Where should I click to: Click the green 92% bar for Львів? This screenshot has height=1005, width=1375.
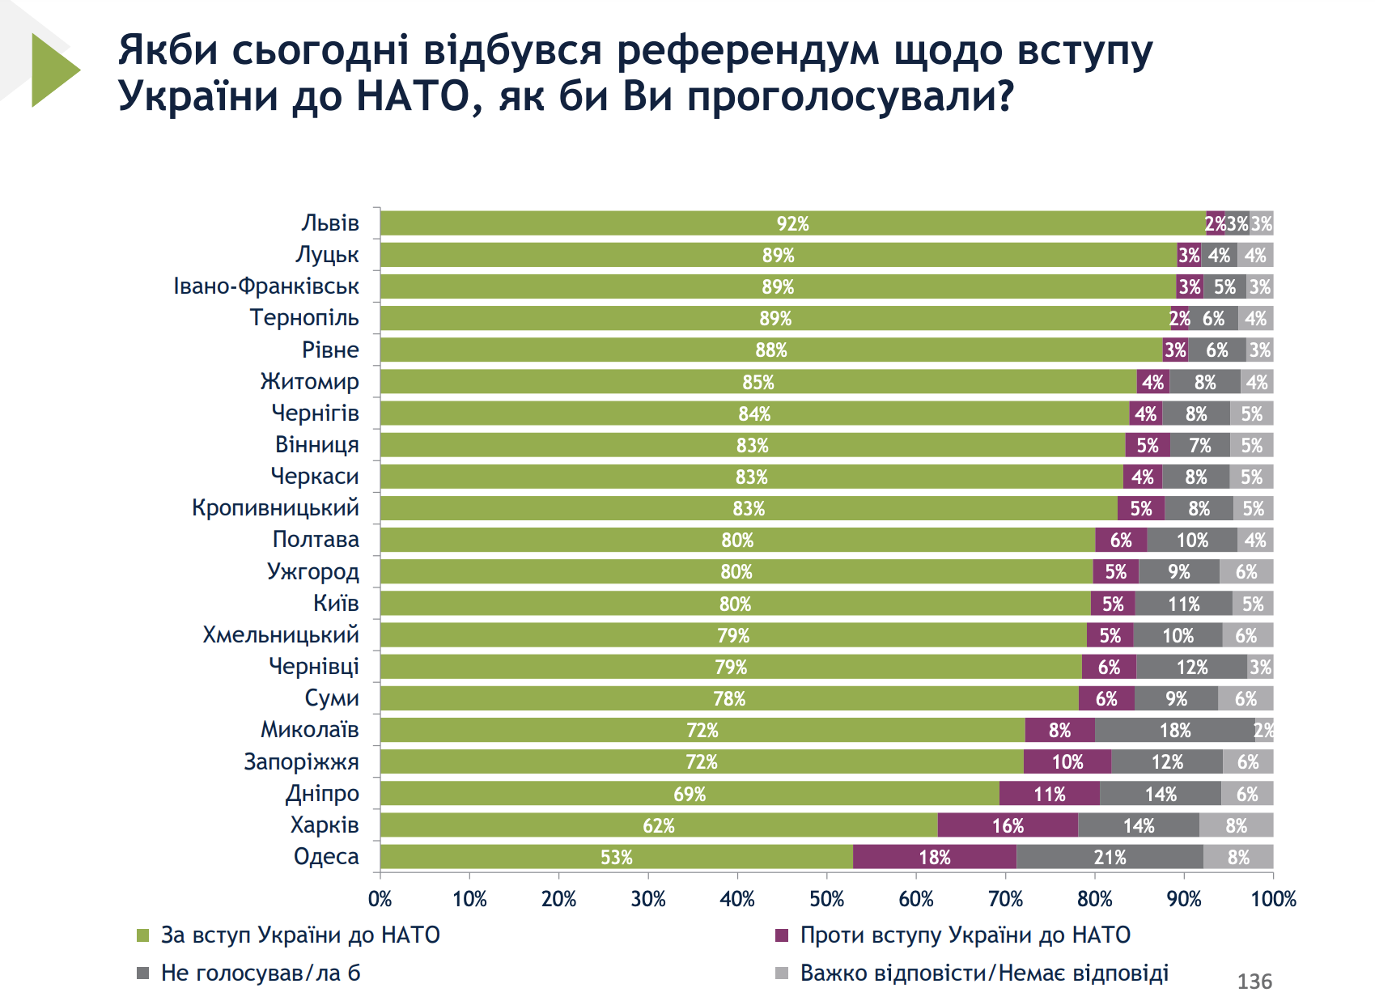click(x=792, y=223)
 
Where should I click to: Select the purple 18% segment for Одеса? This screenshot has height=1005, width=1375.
click(x=934, y=857)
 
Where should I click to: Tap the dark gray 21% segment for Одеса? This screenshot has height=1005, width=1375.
click(x=1110, y=857)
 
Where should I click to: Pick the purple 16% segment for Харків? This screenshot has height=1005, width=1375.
click(x=1008, y=825)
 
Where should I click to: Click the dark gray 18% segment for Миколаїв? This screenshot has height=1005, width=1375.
click(x=1174, y=730)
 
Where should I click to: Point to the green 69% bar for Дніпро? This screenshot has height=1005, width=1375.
click(x=690, y=794)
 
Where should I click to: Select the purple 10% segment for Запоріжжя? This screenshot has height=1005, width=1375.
click(x=1067, y=761)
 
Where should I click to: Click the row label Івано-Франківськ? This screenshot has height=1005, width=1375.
click(x=266, y=286)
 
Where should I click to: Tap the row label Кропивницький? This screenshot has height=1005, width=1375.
click(x=275, y=508)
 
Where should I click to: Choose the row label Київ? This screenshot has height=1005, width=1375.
click(x=336, y=604)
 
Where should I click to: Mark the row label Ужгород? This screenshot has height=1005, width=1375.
click(x=312, y=572)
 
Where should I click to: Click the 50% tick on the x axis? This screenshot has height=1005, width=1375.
click(x=826, y=899)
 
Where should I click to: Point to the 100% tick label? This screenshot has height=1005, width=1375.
click(x=1273, y=899)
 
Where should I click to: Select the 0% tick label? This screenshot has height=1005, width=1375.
click(x=380, y=899)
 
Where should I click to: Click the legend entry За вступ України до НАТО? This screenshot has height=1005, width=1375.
click(x=300, y=935)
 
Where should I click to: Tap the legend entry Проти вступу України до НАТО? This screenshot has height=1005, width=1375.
click(x=965, y=935)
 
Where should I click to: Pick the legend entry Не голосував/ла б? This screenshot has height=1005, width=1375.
click(x=261, y=973)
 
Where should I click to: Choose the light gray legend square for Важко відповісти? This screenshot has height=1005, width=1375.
click(x=782, y=973)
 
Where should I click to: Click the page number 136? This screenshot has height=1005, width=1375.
click(x=1254, y=982)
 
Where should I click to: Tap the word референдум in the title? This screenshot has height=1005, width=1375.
click(x=747, y=50)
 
